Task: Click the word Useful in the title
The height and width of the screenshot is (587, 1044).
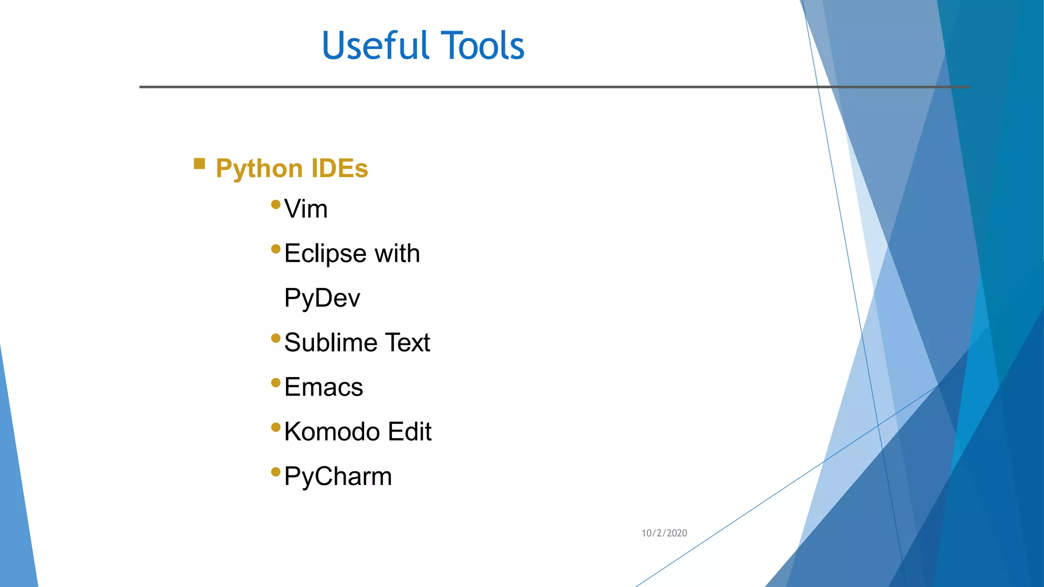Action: click(x=376, y=46)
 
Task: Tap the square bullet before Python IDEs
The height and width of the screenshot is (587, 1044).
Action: click(x=199, y=164)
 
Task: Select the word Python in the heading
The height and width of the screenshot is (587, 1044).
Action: click(x=259, y=169)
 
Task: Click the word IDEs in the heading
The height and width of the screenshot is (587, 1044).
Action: click(x=340, y=168)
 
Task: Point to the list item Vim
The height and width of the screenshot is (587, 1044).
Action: click(x=306, y=209)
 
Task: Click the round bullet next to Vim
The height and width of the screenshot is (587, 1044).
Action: click(x=276, y=205)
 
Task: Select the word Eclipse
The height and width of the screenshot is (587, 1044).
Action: click(x=325, y=254)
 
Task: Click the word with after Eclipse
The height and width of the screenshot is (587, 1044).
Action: click(x=397, y=253)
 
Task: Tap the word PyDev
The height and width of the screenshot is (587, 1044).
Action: click(x=322, y=298)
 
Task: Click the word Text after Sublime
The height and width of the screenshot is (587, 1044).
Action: click(x=407, y=342)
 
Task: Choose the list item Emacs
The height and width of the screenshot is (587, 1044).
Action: click(x=324, y=387)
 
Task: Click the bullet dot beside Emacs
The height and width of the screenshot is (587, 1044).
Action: click(x=276, y=383)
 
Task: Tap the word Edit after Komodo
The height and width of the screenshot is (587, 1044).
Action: click(x=409, y=432)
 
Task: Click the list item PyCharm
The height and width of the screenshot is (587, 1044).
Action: click(x=338, y=477)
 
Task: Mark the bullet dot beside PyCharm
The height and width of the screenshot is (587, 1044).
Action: click(x=276, y=472)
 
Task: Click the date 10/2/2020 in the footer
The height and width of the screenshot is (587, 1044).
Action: click(x=664, y=533)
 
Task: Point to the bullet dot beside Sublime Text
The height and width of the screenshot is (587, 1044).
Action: click(x=276, y=338)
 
